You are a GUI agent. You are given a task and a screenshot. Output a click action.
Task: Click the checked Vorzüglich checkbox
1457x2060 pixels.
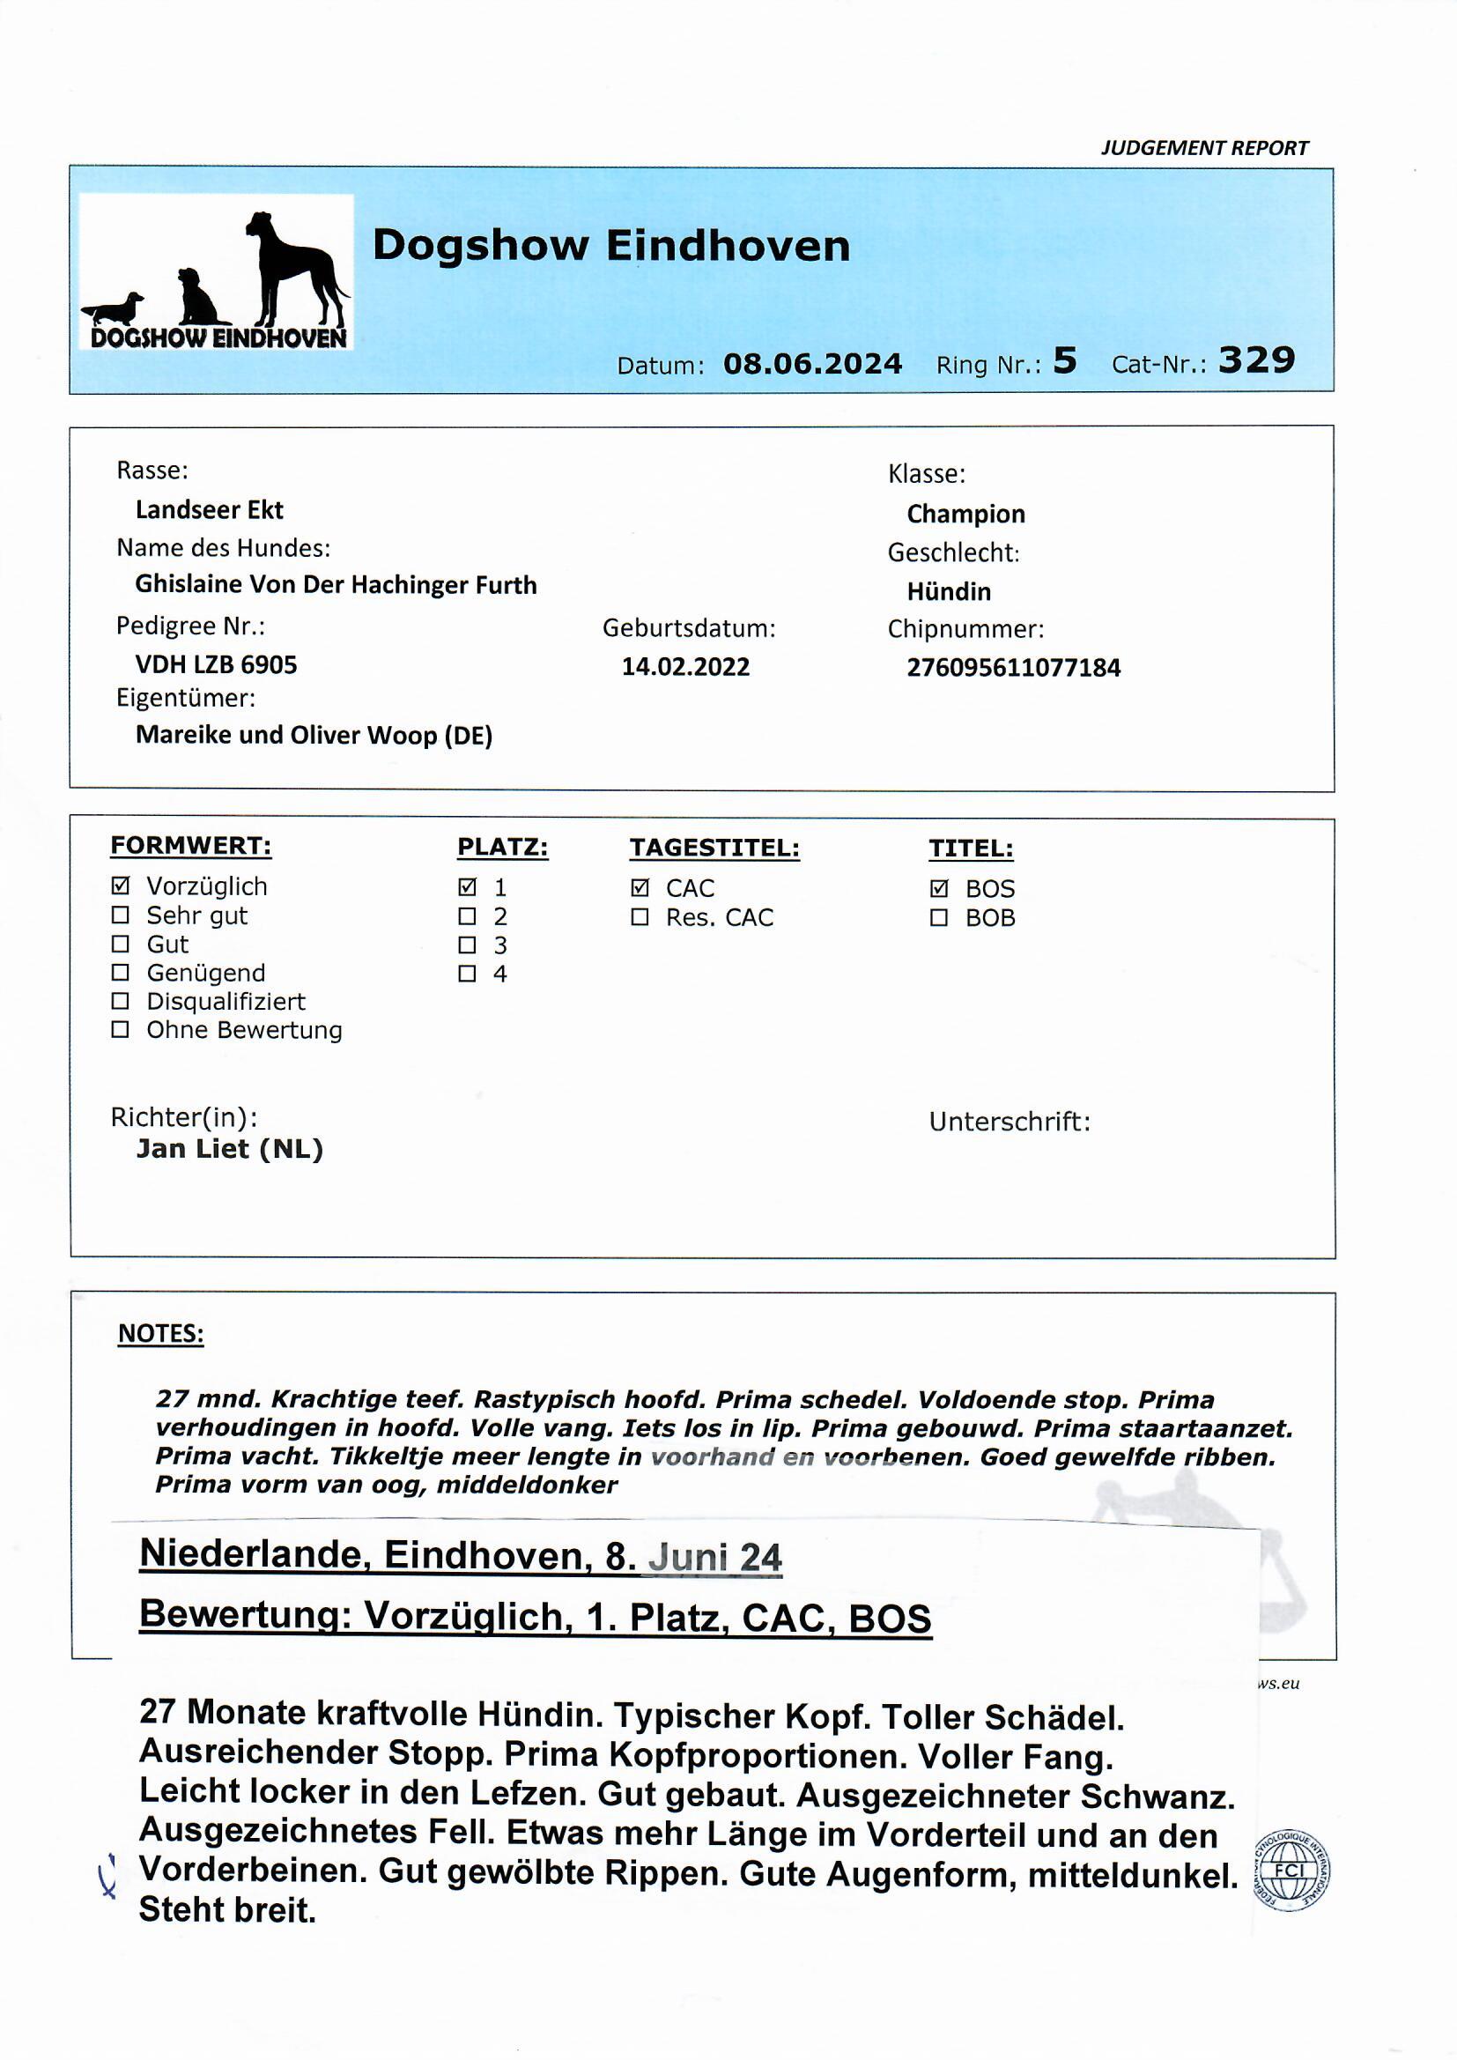pyautogui.click(x=120, y=886)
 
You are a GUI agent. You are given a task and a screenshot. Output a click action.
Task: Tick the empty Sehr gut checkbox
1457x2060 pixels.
pyautogui.click(x=120, y=915)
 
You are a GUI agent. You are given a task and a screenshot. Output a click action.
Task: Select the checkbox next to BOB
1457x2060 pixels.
pyautogui.click(x=939, y=918)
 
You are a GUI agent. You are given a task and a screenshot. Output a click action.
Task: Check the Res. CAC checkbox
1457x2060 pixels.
pyautogui.click(x=640, y=917)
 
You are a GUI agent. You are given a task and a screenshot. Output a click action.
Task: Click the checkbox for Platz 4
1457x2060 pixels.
pyautogui.click(x=468, y=974)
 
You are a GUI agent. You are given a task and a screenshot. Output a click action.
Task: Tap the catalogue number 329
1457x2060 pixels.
pyautogui.click(x=1256, y=359)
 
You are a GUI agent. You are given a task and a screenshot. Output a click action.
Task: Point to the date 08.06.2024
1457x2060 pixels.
pyautogui.click(x=812, y=363)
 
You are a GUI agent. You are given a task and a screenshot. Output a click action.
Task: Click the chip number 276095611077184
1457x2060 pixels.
pyautogui.click(x=1013, y=668)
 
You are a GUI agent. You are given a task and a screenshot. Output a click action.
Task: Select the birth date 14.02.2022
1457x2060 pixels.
pyautogui.click(x=685, y=667)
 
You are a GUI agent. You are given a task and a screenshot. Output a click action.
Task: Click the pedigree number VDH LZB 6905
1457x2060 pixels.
pyautogui.click(x=216, y=665)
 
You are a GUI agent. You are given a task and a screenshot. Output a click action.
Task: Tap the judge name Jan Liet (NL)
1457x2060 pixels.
pyautogui.click(x=230, y=1148)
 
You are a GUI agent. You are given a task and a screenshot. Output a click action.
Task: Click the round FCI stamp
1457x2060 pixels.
pyautogui.click(x=1291, y=1871)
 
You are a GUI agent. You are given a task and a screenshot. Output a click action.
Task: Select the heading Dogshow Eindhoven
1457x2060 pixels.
pyautogui.click(x=611, y=245)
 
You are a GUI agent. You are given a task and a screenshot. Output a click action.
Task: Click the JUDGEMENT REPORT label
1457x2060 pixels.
pyautogui.click(x=1204, y=148)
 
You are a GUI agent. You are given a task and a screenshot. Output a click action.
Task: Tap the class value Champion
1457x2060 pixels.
pyautogui.click(x=965, y=514)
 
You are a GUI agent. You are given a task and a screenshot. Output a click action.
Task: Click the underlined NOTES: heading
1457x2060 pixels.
pyautogui.click(x=160, y=1333)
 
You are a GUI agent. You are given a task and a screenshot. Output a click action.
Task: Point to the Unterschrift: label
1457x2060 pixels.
pyautogui.click(x=1010, y=1122)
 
